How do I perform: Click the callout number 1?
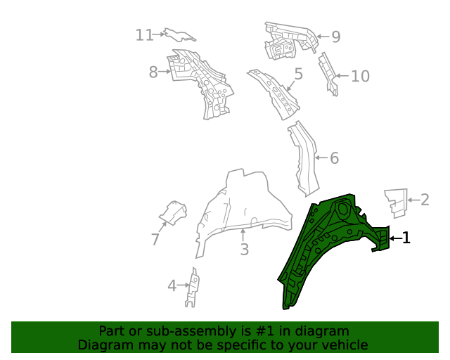[406, 238]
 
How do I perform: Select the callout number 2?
[425, 200]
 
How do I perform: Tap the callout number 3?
[244, 249]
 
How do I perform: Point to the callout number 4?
[172, 285]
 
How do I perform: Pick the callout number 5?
[298, 74]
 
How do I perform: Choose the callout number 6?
[334, 158]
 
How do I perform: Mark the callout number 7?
[155, 240]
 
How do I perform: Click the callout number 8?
[153, 71]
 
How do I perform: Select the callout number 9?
[335, 37]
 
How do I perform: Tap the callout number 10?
[360, 75]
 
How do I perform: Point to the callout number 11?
[145, 34]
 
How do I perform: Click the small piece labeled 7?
[172, 212]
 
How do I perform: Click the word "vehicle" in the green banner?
[341, 345]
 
